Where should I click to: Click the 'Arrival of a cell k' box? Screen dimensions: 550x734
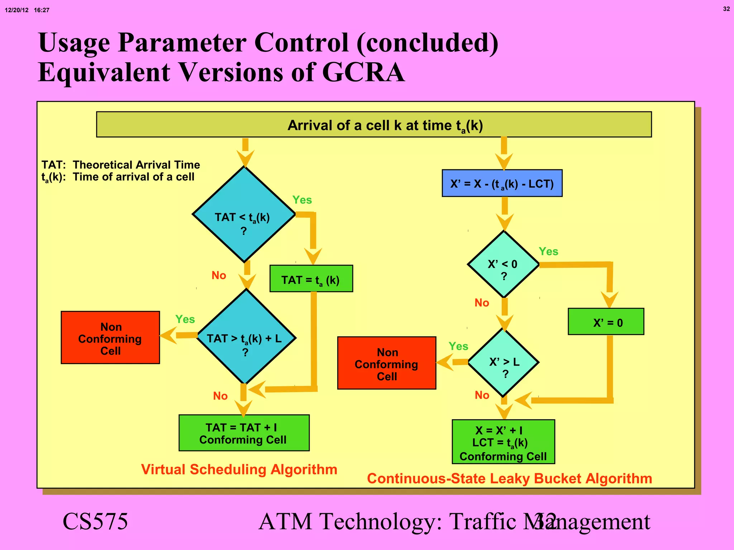click(374, 125)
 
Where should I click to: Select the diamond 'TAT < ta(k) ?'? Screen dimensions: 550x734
click(244, 215)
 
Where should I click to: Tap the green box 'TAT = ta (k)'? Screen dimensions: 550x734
click(311, 279)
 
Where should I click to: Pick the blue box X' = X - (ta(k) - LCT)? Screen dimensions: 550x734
click(502, 183)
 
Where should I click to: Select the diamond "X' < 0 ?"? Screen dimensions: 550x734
click(503, 265)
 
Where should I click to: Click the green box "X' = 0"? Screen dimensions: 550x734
click(606, 322)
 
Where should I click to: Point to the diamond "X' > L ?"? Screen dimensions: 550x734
click(503, 362)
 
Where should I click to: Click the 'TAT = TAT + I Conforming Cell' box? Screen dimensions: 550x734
click(244, 433)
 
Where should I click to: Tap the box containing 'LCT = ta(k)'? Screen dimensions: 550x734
click(503, 442)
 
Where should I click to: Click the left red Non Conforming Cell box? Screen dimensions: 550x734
click(110, 338)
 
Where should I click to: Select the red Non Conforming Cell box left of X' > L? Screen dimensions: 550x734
click(387, 363)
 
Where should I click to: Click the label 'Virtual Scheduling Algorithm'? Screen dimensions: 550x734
click(239, 469)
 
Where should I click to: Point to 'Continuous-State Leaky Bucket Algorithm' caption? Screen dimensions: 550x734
click(509, 479)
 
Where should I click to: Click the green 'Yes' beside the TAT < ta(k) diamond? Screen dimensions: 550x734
click(302, 200)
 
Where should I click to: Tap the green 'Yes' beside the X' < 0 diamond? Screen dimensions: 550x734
click(548, 251)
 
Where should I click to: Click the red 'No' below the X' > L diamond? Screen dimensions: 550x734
click(482, 395)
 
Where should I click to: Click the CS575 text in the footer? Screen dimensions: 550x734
click(95, 521)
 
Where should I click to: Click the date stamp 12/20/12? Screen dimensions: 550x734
click(16, 10)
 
